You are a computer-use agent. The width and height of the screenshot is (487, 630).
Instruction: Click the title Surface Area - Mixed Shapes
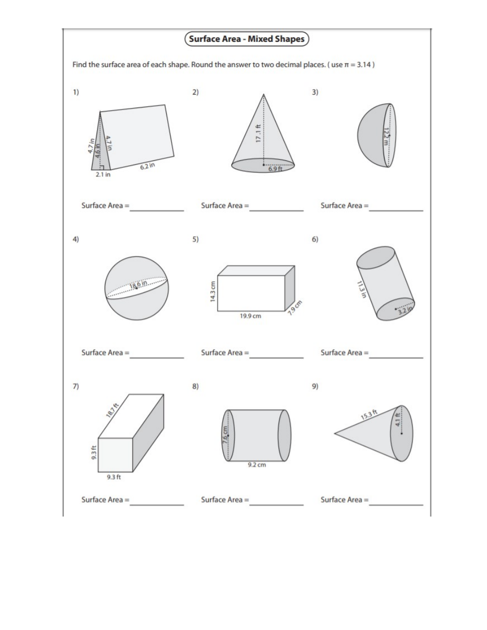pos(247,39)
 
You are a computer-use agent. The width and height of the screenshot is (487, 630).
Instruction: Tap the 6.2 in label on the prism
pos(147,167)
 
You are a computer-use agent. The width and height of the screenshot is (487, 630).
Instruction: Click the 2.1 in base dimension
pos(103,175)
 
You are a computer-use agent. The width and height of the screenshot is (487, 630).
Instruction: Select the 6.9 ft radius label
pos(275,169)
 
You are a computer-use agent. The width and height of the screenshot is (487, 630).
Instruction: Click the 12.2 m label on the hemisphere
pos(386,135)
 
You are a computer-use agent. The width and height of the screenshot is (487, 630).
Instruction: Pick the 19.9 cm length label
pos(250,316)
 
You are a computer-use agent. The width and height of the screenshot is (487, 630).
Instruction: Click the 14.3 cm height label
pos(212,291)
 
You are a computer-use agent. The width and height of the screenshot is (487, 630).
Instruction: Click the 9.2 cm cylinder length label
pos(257,465)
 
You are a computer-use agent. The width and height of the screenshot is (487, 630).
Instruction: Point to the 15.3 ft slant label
pos(370,413)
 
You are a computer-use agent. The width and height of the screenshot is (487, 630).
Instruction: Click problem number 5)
pos(195,239)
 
